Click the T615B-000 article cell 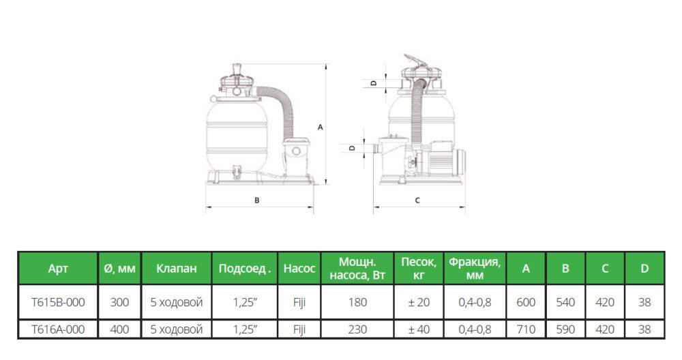pos(58,302)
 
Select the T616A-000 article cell pos(58,329)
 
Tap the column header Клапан pos(176,268)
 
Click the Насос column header pos(299,268)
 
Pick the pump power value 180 pos(357,302)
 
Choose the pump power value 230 pos(357,329)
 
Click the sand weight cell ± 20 pos(419,302)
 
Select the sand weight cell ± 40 pos(419,329)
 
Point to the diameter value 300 pos(119,302)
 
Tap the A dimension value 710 pos(525,329)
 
